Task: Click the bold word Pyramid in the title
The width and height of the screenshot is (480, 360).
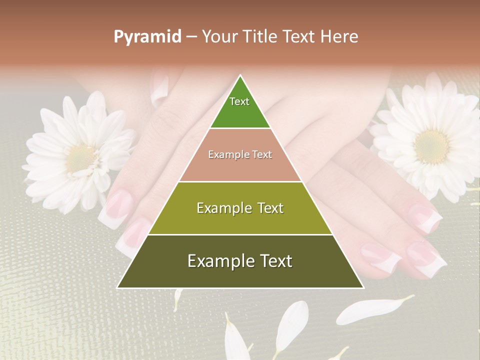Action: [147, 37]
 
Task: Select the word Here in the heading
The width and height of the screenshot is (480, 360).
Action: [339, 36]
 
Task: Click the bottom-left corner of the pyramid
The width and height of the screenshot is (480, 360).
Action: [118, 287]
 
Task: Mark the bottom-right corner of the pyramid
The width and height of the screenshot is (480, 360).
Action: [363, 287]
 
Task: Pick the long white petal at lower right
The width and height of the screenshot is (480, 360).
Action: [375, 307]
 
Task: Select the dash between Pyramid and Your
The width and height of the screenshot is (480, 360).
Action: [191, 37]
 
